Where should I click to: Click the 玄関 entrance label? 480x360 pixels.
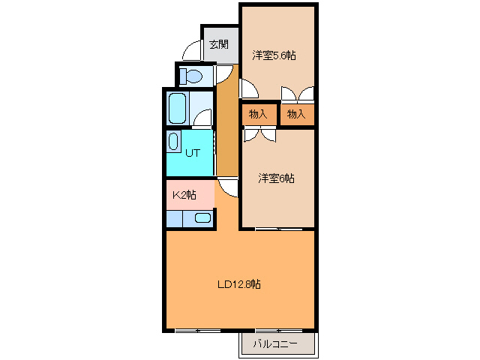[x=218, y=44]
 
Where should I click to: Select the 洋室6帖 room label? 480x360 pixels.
[x=276, y=178]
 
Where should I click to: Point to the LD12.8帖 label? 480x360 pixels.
[x=239, y=284]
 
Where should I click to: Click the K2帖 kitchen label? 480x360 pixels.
[x=184, y=195]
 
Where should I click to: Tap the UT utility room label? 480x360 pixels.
[x=193, y=152]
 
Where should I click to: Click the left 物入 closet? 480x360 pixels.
[x=258, y=114]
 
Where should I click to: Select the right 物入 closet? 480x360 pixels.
[x=296, y=114]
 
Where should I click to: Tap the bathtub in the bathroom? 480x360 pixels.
[x=177, y=108]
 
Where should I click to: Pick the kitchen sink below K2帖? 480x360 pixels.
[x=202, y=218]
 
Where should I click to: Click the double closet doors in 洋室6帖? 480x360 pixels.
[x=259, y=134]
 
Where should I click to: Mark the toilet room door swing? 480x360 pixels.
[x=223, y=74]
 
